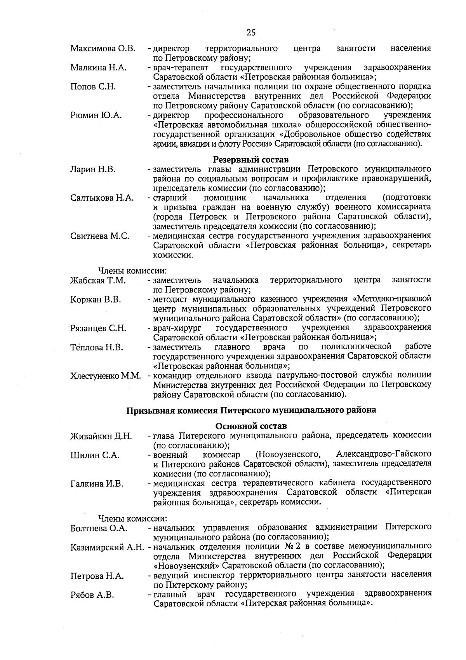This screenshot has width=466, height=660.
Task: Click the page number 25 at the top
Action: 251,33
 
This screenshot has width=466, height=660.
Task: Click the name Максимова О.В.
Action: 103,49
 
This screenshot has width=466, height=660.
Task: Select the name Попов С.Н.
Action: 93,86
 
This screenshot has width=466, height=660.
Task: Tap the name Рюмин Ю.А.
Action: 96,115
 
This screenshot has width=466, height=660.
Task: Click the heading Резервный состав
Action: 251,159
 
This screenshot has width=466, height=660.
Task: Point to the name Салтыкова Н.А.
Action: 102,198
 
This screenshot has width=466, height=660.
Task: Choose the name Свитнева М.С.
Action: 100,236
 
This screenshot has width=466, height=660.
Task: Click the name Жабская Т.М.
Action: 98,280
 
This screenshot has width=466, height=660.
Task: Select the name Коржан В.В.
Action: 96,299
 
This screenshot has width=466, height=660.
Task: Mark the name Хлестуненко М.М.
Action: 106,376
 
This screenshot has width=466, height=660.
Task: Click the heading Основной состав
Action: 251,426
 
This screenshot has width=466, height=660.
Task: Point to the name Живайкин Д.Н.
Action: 101,436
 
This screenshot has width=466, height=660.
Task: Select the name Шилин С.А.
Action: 95,455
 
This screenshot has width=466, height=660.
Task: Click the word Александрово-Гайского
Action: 384,454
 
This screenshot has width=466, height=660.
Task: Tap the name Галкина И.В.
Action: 97,484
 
